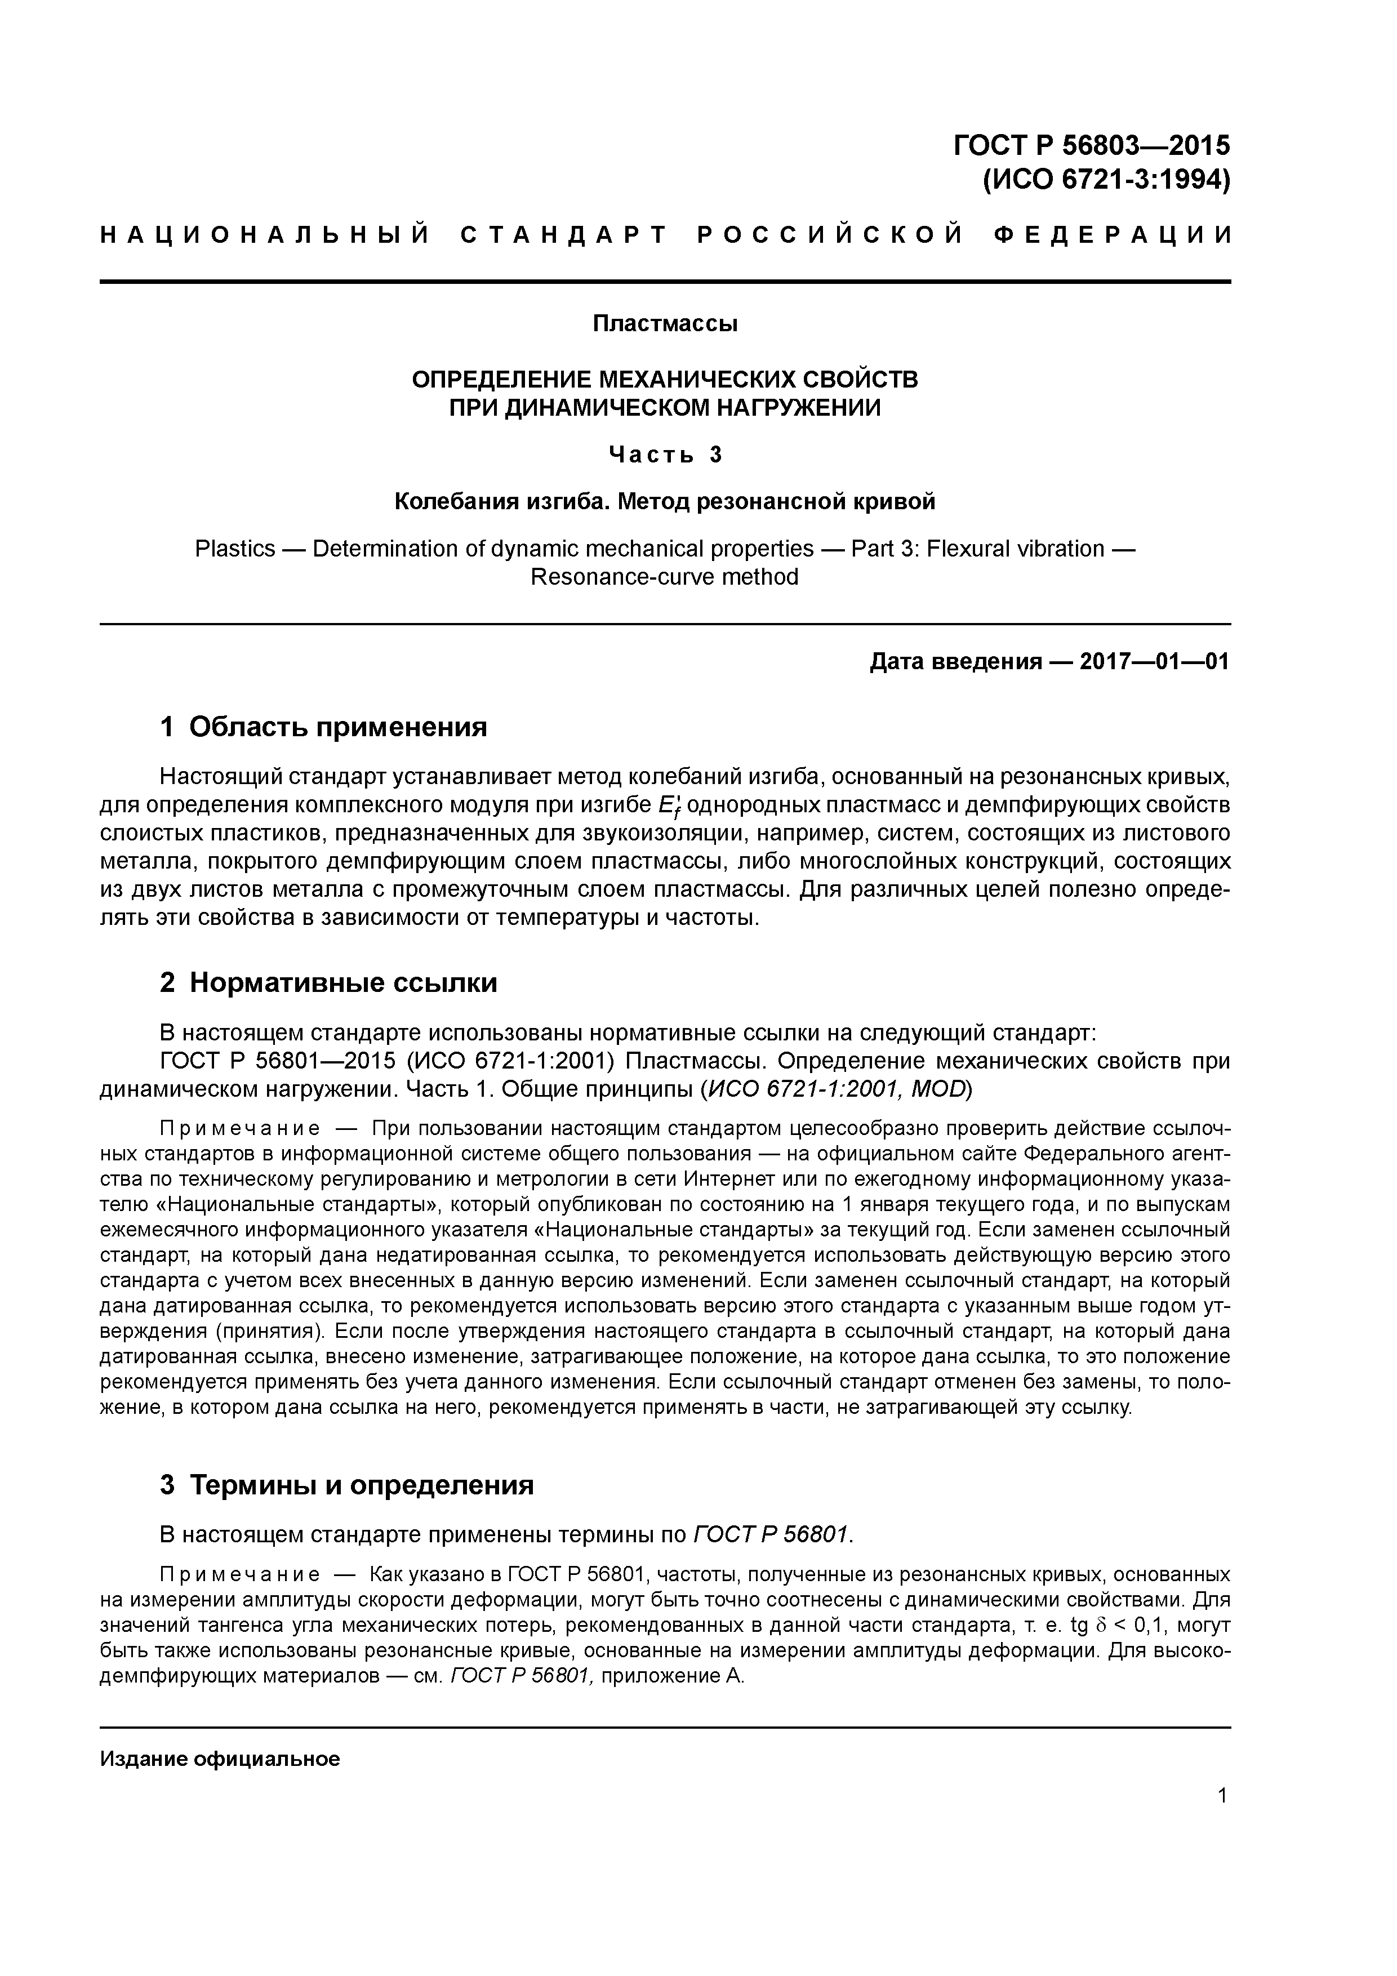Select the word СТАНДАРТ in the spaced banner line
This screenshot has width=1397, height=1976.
(564, 235)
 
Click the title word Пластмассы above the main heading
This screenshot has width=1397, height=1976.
(665, 324)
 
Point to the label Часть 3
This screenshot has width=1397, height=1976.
(665, 455)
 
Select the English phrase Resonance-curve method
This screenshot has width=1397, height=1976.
(665, 577)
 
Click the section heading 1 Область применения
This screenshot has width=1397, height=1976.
(324, 727)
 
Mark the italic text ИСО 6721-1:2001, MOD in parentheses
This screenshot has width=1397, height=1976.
(836, 1089)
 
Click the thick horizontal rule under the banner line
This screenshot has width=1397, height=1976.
(665, 282)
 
